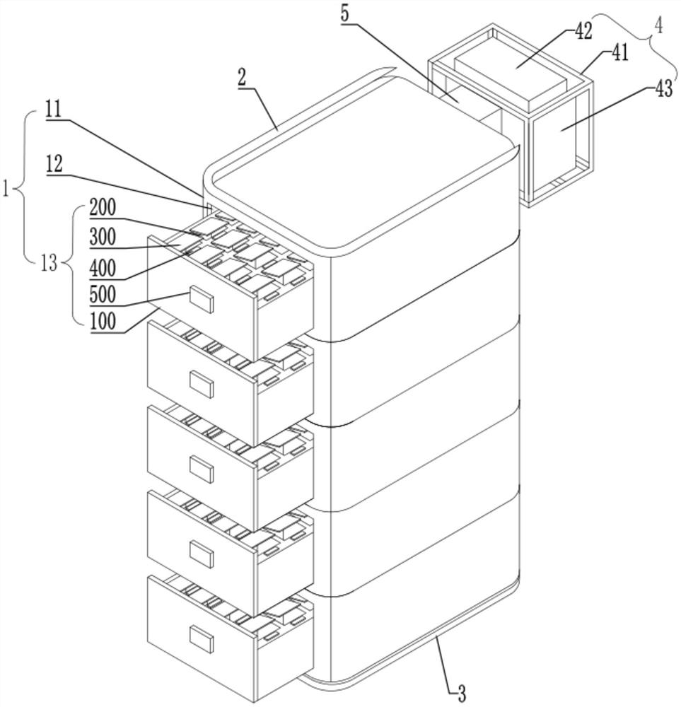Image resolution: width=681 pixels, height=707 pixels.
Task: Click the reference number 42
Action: click(x=583, y=32)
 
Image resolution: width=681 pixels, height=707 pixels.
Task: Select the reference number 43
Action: click(x=662, y=89)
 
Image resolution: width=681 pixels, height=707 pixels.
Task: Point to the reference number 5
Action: click(x=344, y=13)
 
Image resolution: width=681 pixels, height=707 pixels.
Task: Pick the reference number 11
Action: click(x=53, y=110)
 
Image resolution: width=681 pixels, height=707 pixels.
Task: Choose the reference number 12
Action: click(x=54, y=165)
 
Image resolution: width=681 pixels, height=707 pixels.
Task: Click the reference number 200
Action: click(x=103, y=208)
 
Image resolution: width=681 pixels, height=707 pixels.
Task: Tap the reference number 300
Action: click(x=103, y=237)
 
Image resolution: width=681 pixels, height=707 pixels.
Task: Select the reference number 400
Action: click(x=103, y=269)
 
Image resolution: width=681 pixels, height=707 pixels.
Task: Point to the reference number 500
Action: click(x=103, y=294)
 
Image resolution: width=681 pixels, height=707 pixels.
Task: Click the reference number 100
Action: click(x=103, y=322)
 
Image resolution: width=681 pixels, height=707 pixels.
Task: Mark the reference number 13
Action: click(x=49, y=263)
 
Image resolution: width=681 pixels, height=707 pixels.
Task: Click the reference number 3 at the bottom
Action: click(x=461, y=694)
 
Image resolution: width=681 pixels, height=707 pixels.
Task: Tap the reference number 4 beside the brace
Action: click(x=658, y=26)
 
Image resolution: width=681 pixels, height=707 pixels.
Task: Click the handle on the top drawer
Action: click(x=201, y=299)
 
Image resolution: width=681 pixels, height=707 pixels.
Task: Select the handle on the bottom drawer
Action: click(x=201, y=639)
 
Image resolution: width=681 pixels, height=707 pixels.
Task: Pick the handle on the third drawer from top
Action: click(x=201, y=469)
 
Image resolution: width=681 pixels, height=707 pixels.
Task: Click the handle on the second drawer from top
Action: click(x=201, y=384)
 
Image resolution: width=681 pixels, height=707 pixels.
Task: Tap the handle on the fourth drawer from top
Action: click(x=201, y=554)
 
